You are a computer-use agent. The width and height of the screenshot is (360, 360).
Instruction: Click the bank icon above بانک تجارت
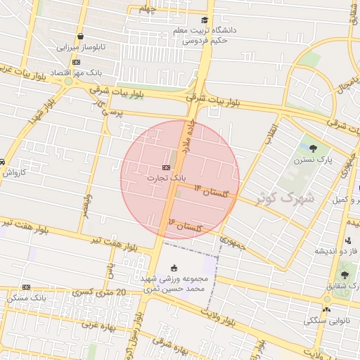pyautogui.click(x=166, y=167)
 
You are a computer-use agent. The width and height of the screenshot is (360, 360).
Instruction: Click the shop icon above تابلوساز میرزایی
pyautogui.click(x=81, y=37)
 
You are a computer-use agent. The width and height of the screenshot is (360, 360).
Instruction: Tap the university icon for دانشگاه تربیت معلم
pyautogui.click(x=205, y=20)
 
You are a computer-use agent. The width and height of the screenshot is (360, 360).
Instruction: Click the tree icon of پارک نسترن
pyautogui.click(x=312, y=148)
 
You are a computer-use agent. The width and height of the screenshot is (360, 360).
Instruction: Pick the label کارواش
pyautogui.click(x=13, y=172)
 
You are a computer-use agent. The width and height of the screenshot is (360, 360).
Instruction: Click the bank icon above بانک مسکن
pyautogui.click(x=26, y=287)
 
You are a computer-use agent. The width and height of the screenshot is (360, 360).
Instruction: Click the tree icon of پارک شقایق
pyautogui.click(x=344, y=275)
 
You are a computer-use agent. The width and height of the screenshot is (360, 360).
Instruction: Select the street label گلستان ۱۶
pyautogui.click(x=185, y=225)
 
